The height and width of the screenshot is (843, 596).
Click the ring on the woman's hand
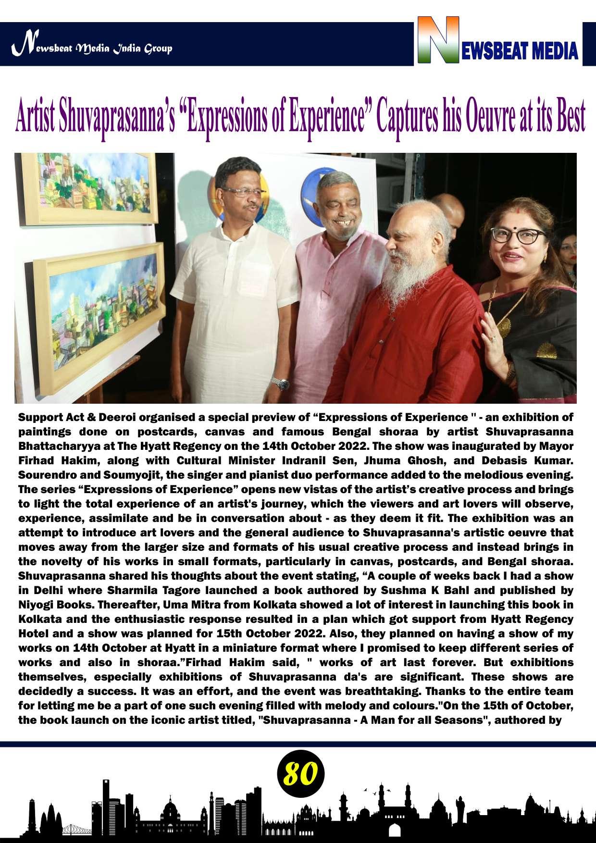493,339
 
